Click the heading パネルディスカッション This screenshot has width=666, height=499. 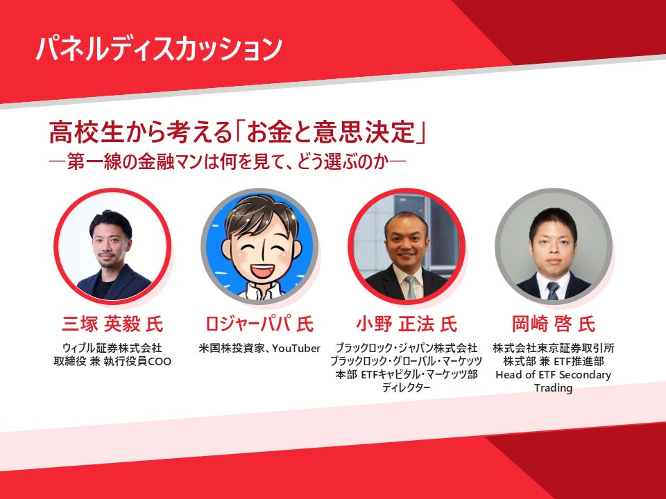coord(159,49)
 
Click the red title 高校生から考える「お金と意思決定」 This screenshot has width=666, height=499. coord(238,132)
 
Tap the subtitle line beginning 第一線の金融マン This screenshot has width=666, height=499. coord(228,162)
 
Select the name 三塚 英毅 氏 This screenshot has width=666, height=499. coord(112,324)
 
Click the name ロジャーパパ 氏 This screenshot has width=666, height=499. coord(259,324)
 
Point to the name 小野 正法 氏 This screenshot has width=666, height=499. coord(407,324)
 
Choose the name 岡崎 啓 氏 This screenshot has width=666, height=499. coord(554,324)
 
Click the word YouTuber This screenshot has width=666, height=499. coord(296,349)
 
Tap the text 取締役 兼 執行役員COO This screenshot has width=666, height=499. coord(112,362)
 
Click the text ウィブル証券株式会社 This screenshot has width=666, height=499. coord(112,349)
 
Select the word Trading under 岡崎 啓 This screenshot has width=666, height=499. coord(554,388)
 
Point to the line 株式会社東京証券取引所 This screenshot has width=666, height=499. coord(554,349)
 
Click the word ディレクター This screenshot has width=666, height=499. coord(407,388)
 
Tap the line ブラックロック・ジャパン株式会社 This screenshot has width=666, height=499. coord(407,349)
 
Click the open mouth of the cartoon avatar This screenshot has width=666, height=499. coord(262,270)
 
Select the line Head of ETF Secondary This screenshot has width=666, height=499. coord(554,375)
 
